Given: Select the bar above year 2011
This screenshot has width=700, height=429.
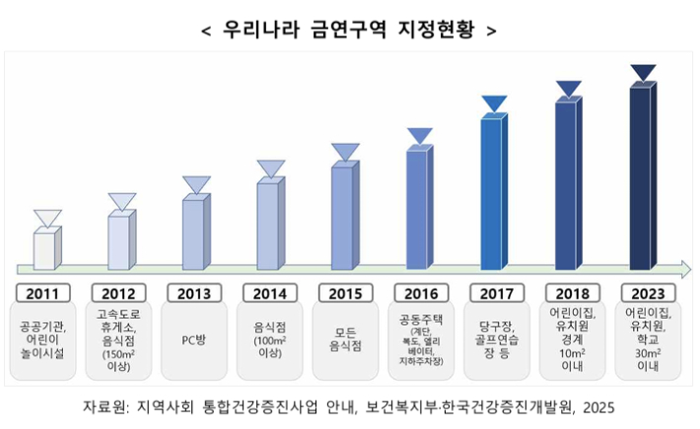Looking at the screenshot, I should click(46, 250).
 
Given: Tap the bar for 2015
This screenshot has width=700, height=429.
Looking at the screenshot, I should click(343, 216).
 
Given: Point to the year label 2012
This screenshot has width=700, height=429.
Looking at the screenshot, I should click(119, 293).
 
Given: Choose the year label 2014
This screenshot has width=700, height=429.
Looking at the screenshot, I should click(269, 293).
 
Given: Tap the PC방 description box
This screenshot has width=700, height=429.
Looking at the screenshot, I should click(194, 341).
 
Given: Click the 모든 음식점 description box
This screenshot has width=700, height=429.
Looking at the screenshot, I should click(344, 341).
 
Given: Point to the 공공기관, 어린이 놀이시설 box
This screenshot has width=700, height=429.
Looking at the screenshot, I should click(45, 341).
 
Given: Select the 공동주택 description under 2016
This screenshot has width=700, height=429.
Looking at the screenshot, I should click(419, 341).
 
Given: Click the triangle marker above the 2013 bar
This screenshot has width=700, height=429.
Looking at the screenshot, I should click(196, 184).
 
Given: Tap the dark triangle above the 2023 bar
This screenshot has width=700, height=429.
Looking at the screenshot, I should click(643, 73).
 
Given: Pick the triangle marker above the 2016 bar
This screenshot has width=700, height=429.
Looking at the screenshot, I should click(420, 136).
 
